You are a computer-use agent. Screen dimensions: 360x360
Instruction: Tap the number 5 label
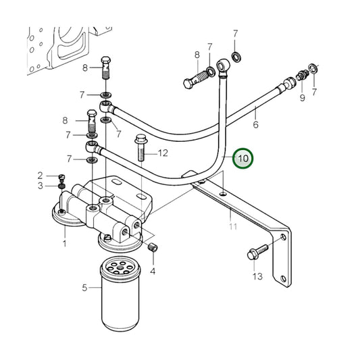pos(85,288)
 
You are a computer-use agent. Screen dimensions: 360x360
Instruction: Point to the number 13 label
pos(257,277)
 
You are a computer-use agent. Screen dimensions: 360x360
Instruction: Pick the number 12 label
pos(163,153)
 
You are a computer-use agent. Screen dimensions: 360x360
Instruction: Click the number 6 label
pos(256,124)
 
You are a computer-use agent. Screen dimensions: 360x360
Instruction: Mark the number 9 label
pos(302,98)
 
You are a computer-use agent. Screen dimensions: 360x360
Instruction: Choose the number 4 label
pos(153,272)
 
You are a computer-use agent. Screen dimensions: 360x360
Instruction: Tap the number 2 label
pos(41,176)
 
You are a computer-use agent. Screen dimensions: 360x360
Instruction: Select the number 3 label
pos(41,186)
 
